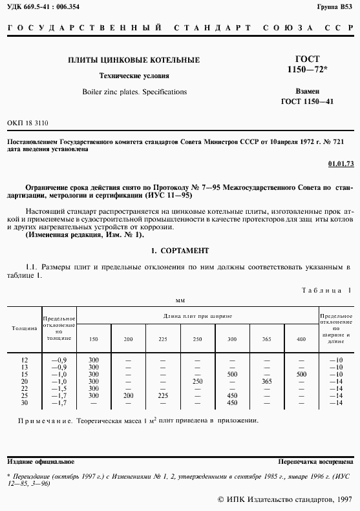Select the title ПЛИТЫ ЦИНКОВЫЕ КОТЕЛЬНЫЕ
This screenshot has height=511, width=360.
click(134, 60)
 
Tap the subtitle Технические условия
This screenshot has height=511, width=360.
click(134, 76)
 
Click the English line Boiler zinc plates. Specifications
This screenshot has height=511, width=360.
click(134, 92)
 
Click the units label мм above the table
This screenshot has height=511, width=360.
click(180, 300)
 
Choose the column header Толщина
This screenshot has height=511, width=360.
click(24, 328)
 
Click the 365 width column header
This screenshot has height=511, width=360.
click(266, 339)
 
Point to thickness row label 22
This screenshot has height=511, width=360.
click(25, 388)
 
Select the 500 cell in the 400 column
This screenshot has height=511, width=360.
click(301, 374)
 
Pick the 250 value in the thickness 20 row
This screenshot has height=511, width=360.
click(198, 381)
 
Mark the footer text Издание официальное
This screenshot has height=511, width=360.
click(40, 462)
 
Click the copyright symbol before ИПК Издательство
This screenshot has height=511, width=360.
click(221, 499)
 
